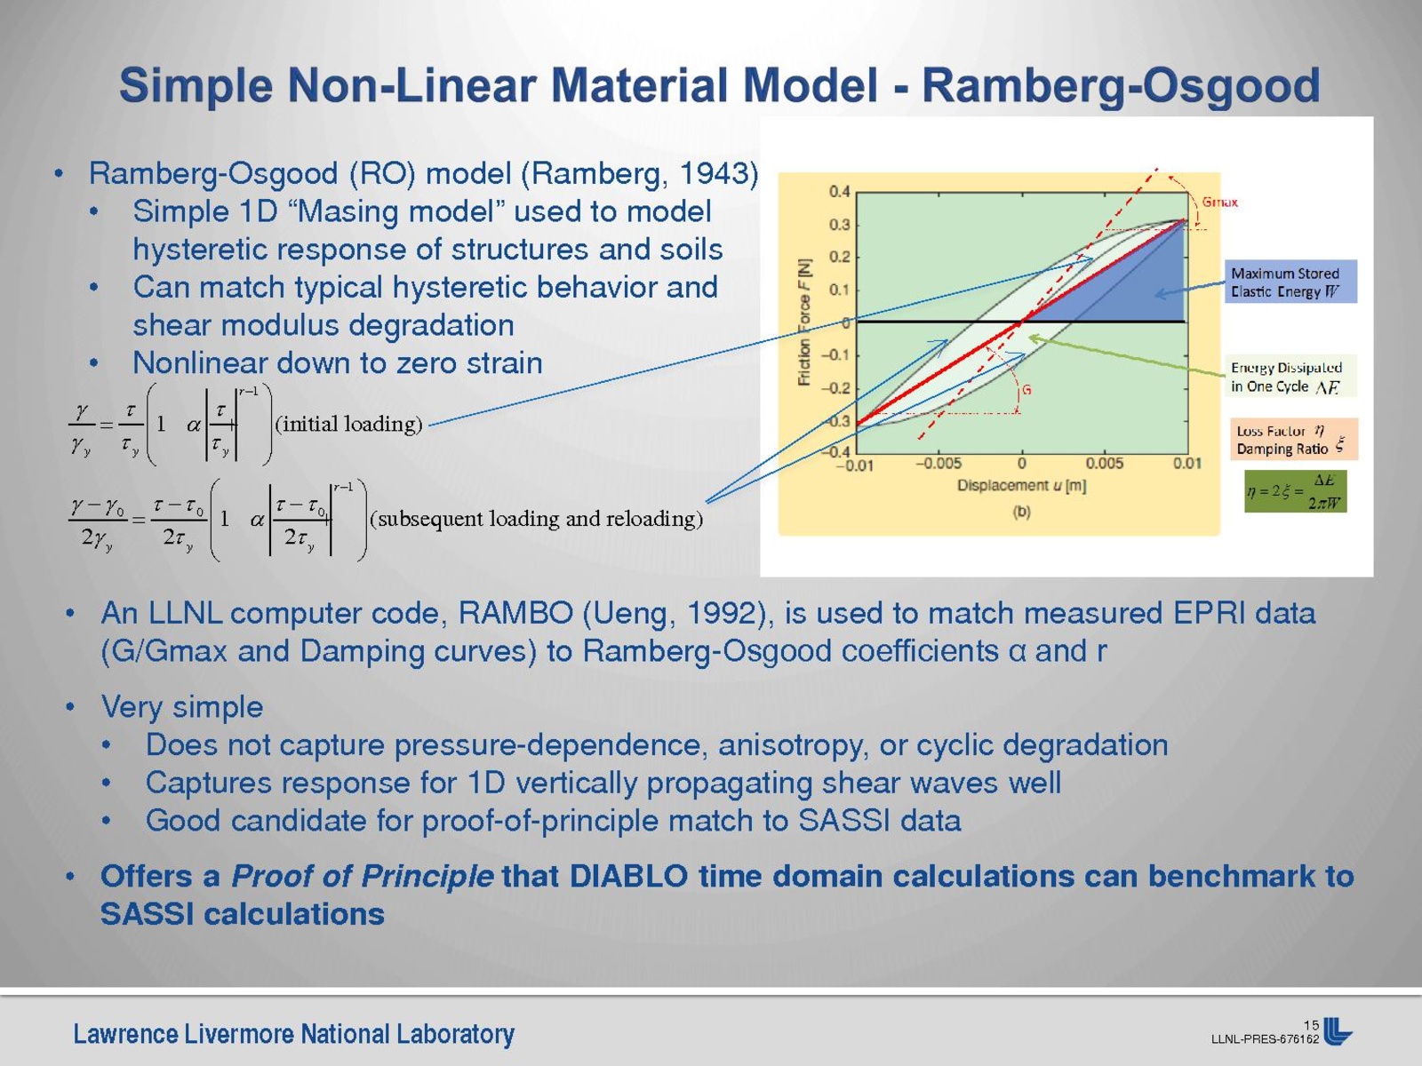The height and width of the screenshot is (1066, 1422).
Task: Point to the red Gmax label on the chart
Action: (1219, 202)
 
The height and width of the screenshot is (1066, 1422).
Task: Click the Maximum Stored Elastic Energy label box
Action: (1290, 282)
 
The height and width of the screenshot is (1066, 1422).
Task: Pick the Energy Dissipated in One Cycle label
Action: (1290, 376)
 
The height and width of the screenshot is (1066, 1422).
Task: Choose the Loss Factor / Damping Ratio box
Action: (1294, 440)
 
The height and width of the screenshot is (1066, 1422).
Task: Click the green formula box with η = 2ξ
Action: (1295, 491)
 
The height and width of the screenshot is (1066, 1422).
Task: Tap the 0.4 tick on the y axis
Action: (839, 192)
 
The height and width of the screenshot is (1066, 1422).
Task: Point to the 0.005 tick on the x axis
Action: (1105, 464)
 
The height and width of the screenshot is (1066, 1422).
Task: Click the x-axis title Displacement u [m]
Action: (1022, 485)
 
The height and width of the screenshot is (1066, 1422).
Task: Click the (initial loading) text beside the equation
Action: (348, 424)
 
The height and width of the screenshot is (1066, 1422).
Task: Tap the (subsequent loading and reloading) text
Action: (537, 519)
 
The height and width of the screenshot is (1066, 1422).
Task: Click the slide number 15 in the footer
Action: (1311, 1025)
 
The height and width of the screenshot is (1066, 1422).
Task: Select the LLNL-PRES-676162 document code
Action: (1265, 1039)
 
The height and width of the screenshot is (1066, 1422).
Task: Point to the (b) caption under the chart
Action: (1022, 512)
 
